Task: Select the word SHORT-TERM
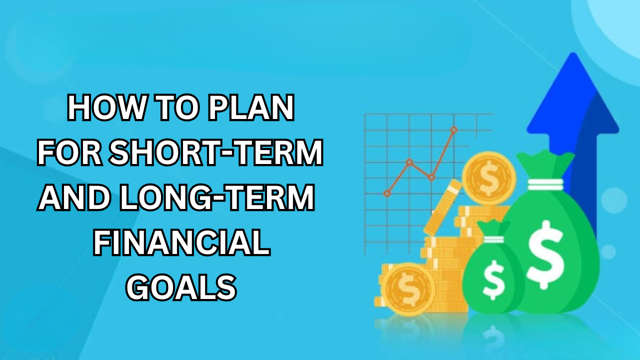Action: tap(216, 152)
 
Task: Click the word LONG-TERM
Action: tap(217, 197)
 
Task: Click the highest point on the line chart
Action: tap(453, 130)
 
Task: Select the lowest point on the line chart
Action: tap(387, 193)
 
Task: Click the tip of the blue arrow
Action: tap(573, 53)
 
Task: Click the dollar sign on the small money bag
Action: tap(493, 279)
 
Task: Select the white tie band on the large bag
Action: tap(545, 184)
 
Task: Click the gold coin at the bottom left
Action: tap(408, 289)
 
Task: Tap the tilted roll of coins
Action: tap(442, 207)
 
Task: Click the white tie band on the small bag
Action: tap(493, 239)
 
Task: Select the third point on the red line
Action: tap(431, 177)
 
